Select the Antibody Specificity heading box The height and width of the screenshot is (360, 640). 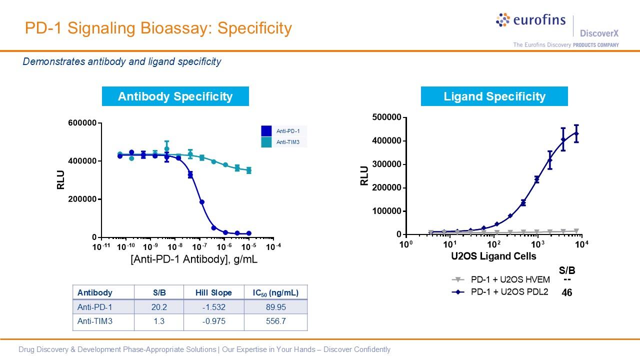point(175,96)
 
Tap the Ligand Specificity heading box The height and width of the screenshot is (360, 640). point(494,96)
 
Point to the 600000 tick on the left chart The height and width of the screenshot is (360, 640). point(82,123)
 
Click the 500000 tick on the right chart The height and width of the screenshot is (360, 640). point(387,117)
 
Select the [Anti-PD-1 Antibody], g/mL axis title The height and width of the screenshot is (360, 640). point(194,259)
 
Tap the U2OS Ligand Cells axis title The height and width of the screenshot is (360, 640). point(493,256)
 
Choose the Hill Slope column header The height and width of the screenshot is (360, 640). point(214,292)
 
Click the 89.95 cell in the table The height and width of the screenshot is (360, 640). point(275,307)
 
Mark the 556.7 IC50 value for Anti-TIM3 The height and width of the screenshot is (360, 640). point(275,321)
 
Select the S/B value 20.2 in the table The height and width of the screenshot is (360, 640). point(159,307)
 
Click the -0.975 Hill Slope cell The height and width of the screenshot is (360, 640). point(214,321)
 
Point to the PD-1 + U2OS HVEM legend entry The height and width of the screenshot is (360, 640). point(510,280)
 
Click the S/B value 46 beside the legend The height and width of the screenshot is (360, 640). point(567,293)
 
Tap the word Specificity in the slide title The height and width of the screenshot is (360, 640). point(254,28)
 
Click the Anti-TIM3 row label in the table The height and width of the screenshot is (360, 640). point(95,321)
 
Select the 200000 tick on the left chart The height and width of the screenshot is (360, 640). point(82,199)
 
